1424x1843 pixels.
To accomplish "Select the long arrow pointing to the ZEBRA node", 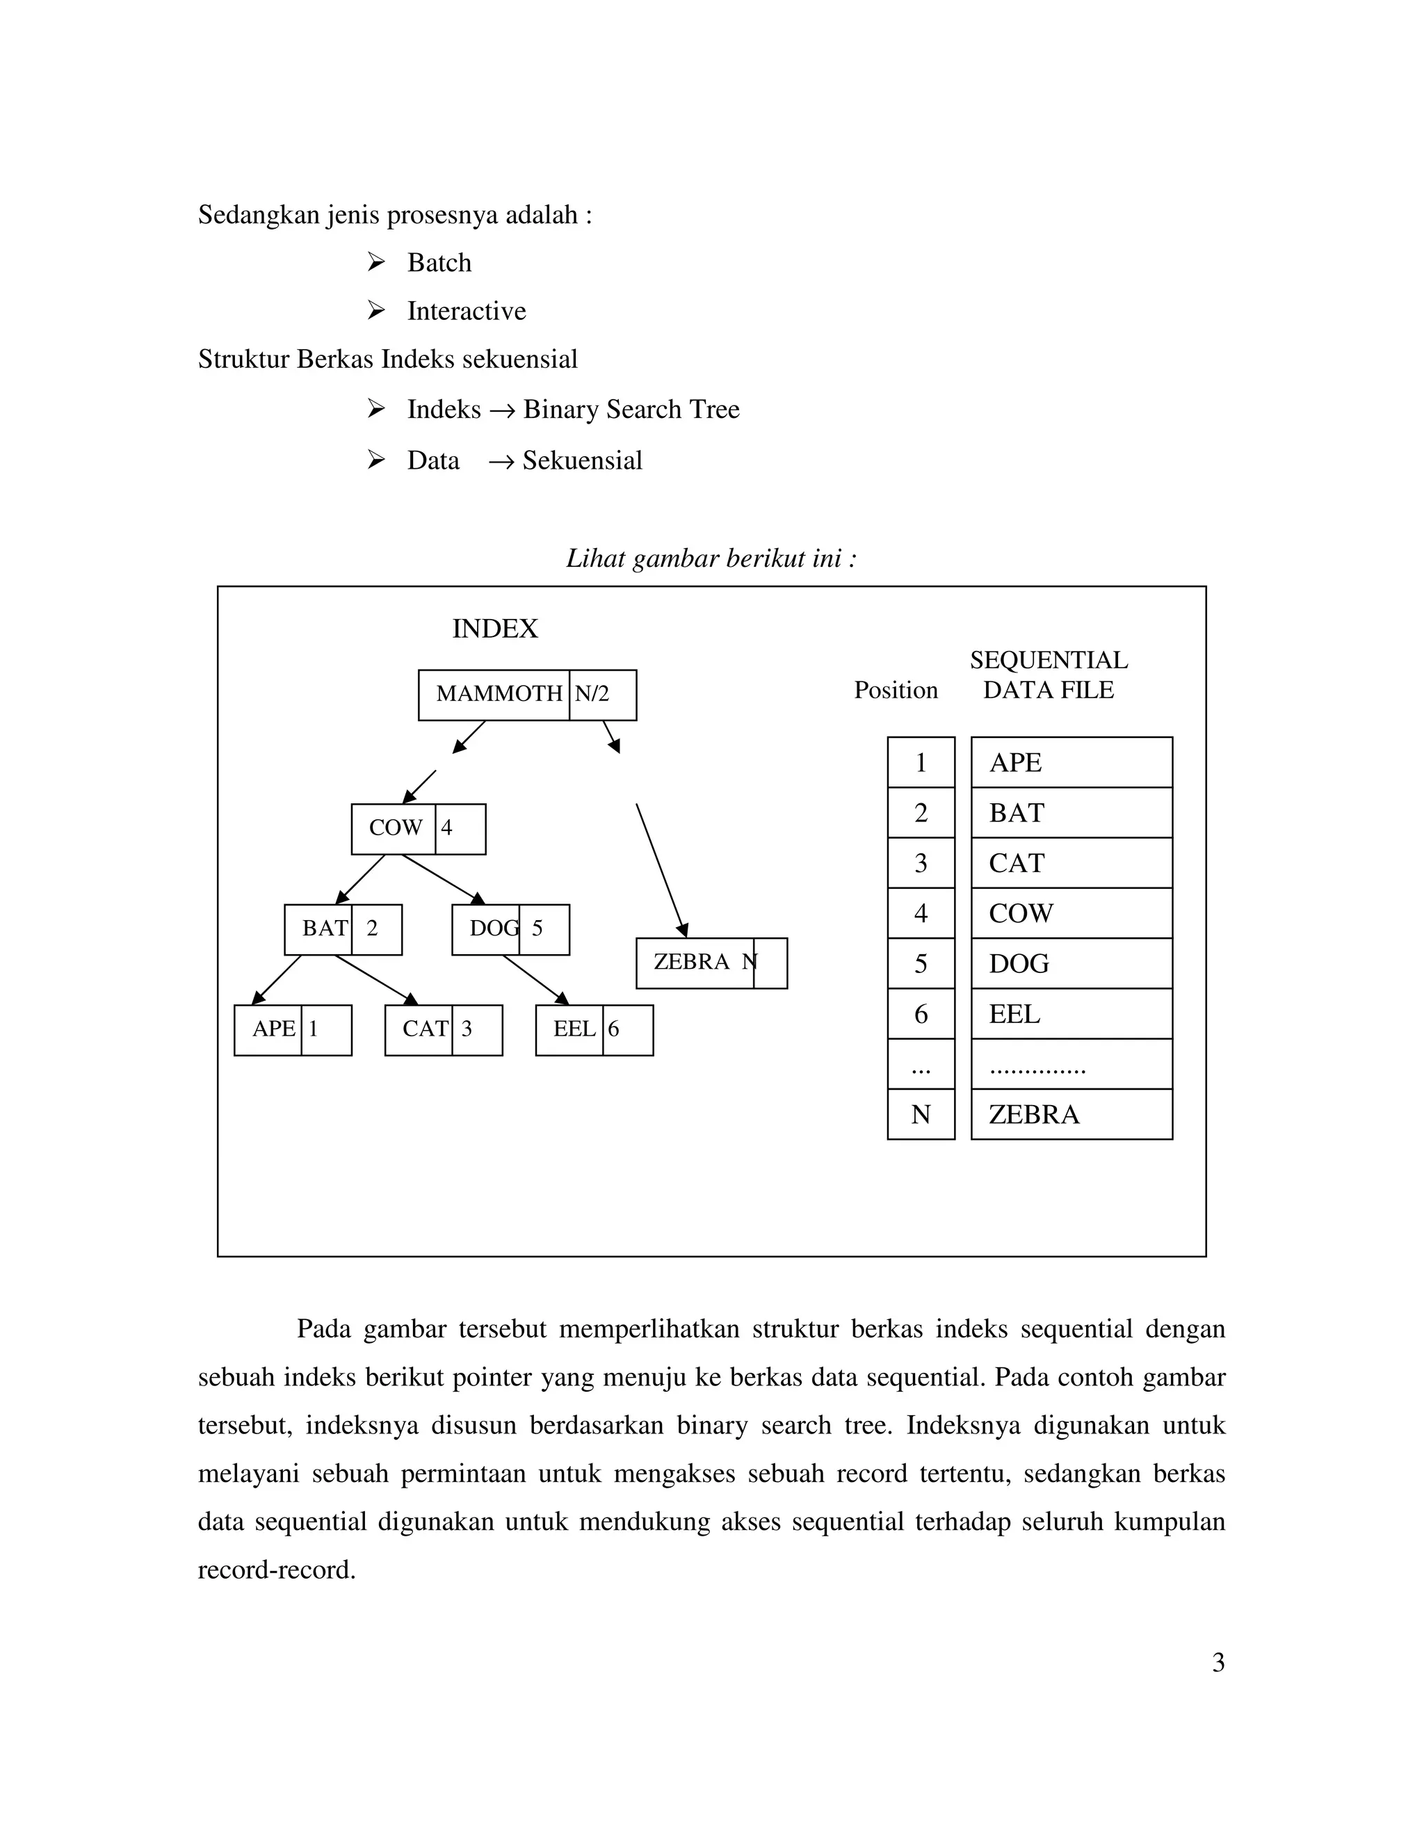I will pyautogui.click(x=661, y=870).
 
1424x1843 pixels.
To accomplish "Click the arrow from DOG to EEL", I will pyautogui.click(x=535, y=979).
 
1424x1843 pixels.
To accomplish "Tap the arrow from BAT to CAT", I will pyautogui.click(x=376, y=979).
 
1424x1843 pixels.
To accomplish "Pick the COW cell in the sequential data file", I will pyautogui.click(x=1071, y=913).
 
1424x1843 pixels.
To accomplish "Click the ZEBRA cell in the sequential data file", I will pyautogui.click(x=1071, y=1115).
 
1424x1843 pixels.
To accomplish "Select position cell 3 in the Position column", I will pyautogui.click(x=921, y=863).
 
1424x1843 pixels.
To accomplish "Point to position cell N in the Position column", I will pyautogui.click(x=921, y=1115).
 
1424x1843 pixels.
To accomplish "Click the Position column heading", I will pyautogui.click(x=895, y=691).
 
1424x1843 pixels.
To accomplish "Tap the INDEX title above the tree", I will pyautogui.click(x=494, y=629).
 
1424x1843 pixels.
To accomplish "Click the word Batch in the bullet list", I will pyautogui.click(x=439, y=264).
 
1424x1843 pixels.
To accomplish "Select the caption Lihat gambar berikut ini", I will pyautogui.click(x=711, y=558).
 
